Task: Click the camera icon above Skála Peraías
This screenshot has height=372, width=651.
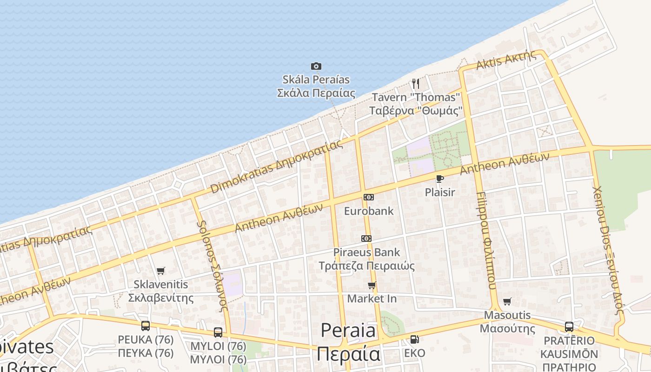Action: pos(316,66)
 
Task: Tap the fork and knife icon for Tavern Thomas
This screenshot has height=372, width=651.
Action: pos(416,84)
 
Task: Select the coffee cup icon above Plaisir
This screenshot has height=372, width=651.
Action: pos(439,179)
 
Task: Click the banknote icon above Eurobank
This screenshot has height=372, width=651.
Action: pos(369,197)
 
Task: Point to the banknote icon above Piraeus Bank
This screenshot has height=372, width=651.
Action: pos(366,239)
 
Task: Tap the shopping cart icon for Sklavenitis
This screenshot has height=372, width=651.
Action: pos(161,271)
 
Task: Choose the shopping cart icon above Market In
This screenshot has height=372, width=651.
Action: pos(372,285)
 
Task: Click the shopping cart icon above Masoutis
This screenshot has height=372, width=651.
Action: pos(507,301)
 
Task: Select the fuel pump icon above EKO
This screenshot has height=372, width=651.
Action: pos(414,339)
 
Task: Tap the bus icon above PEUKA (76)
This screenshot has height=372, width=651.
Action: pos(146,325)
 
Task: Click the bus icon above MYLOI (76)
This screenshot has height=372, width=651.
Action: pos(218,332)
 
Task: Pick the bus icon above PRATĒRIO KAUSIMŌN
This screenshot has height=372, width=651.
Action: pos(569,326)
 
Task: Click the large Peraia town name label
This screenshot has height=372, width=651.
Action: pos(348,331)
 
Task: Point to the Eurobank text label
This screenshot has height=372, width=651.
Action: pos(369,211)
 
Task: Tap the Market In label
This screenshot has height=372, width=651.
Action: pos(372,299)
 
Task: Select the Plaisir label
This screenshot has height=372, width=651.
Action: pos(440,192)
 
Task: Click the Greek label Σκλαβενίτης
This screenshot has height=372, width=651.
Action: pos(161,298)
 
